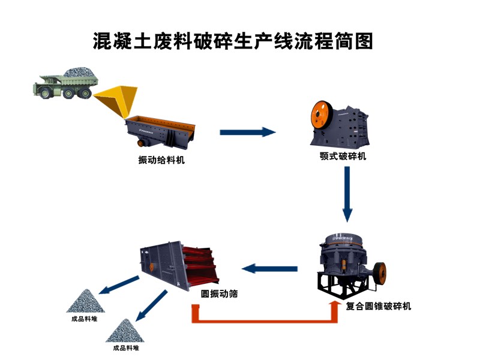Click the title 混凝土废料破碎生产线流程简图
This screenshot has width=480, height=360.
pos(233,41)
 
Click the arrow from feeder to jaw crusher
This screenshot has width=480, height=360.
pos(247,132)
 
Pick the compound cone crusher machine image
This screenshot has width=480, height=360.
pos(348,264)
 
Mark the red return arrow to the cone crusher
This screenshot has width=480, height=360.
pos(264,317)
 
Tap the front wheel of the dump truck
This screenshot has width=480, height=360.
pos(43,91)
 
